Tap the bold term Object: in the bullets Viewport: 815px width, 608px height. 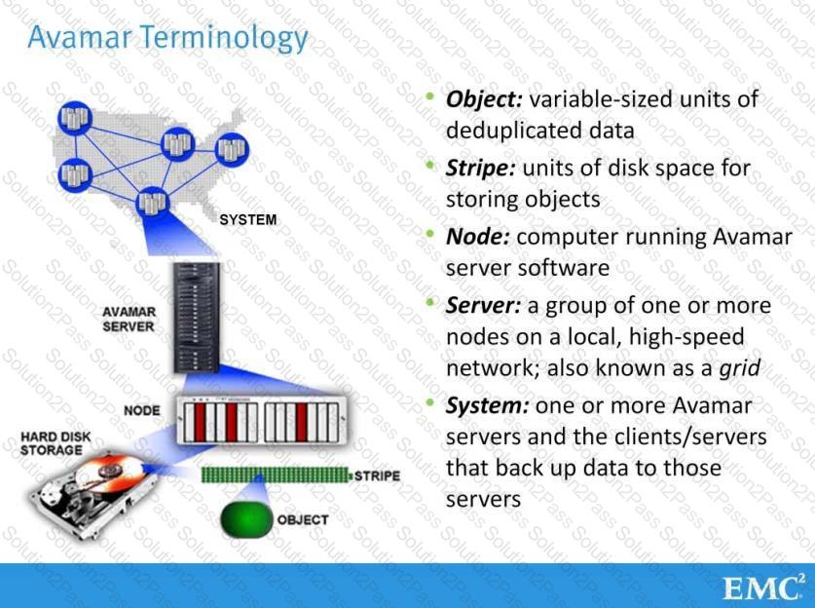485,99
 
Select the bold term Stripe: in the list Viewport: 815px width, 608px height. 480,169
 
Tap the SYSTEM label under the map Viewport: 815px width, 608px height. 247,220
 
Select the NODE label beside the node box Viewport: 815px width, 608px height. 142,410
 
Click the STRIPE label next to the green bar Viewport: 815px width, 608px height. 377,476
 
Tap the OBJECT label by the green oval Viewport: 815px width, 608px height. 303,519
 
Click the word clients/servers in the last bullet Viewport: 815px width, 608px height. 699,436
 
